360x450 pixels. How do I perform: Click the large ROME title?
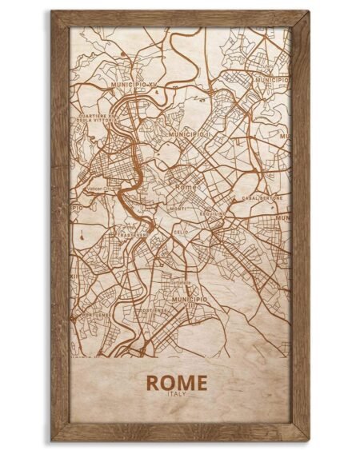click(177, 382)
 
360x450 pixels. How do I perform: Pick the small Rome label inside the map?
click(185, 186)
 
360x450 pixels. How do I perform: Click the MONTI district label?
click(178, 209)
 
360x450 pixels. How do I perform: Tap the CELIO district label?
click(181, 231)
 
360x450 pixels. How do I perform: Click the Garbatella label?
click(181, 282)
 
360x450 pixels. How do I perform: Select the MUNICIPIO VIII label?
click(190, 301)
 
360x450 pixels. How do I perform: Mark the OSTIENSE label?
click(151, 310)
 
